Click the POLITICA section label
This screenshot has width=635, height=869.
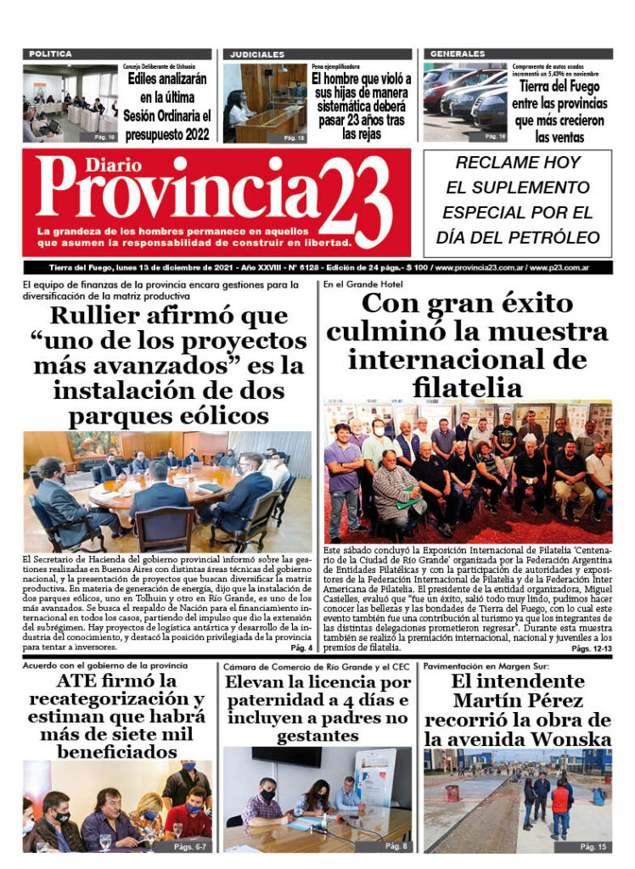click(50, 53)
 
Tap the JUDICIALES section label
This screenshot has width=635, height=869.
click(257, 54)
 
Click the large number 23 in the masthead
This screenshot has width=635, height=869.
click(356, 202)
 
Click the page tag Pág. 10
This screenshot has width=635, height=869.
click(105, 136)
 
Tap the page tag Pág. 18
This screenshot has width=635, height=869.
click(294, 137)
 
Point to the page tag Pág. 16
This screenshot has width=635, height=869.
click(495, 136)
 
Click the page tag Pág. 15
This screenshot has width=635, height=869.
click(593, 847)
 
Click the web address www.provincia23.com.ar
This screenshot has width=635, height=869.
click(479, 267)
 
